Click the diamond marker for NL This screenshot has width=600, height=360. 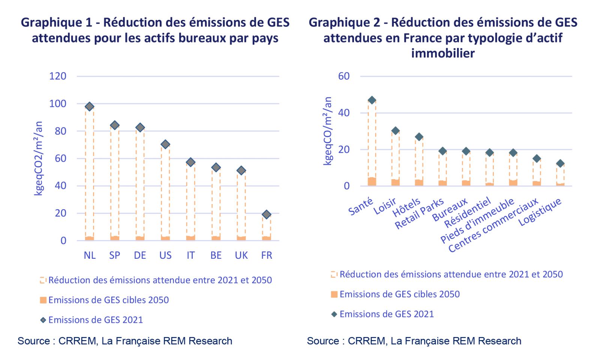pos(89,106)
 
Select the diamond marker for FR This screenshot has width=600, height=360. pos(266,214)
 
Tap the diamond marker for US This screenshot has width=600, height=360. pos(165,144)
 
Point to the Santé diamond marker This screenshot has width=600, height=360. pos(372,100)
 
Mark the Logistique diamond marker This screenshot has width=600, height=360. pos(560,163)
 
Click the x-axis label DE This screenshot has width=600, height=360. pos(140,256)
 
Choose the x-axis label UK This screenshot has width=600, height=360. pos(241,256)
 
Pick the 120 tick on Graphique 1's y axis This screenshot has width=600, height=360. pos(58,76)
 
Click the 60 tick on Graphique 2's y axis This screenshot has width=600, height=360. pos(344,76)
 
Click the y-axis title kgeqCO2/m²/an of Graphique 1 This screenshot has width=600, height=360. pos(39,158)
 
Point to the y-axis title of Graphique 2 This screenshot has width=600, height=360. pos(328,131)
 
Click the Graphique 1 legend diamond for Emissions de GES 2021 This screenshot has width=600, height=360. pos(43,320)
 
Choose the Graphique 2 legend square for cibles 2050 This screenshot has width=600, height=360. pos(334,294)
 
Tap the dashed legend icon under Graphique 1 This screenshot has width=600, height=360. pos(43,280)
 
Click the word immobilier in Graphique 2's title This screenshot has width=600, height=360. pos(442,53)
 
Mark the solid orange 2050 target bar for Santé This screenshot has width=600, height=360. pos(372,181)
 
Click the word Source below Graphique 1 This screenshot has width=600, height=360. pos(34,341)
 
